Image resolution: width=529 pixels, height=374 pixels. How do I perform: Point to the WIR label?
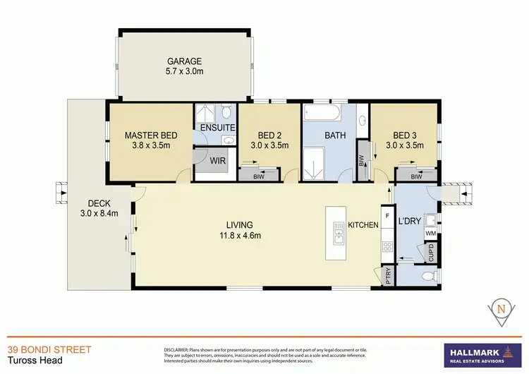(x=218, y=161)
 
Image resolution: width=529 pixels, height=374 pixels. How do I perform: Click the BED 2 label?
(x=269, y=135)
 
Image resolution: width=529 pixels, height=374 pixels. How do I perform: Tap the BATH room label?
(x=336, y=135)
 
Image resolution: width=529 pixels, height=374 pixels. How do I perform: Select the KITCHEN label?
(x=364, y=225)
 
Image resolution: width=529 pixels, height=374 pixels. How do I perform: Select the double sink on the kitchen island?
(x=338, y=233)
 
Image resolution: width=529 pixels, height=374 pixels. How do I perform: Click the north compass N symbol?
(x=501, y=308)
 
